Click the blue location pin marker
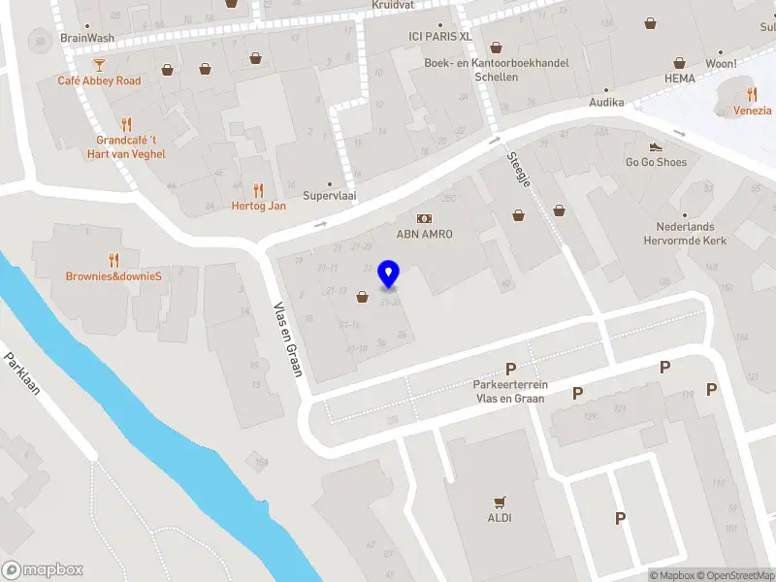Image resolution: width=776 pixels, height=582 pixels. pos(389,275)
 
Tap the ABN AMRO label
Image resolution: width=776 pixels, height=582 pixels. pos(425,234)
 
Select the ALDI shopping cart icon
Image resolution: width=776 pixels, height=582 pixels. pos(501,502)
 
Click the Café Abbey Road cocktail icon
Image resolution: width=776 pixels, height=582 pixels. pos(99,65)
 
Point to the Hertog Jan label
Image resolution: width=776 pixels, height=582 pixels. pos(258,206)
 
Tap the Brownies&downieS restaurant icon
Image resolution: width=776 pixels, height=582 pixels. pos(113,260)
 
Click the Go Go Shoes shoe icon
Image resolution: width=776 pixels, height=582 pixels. pos(656,146)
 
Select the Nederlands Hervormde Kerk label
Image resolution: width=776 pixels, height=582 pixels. pos(691,234)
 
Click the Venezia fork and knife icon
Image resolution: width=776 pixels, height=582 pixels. pos(753,94)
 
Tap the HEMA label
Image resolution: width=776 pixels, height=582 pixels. pos(680,78)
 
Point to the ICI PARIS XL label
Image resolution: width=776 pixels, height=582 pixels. pos(439,36)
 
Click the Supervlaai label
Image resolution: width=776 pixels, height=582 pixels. pos(329,195)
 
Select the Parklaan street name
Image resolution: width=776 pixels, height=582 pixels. pos(28,372)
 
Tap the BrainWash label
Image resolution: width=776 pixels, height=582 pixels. pos(87,38)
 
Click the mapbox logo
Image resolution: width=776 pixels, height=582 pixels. pos(43,570)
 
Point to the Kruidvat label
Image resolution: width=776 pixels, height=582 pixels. pos(394,5)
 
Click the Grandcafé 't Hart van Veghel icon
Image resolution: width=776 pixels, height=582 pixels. pos(126,124)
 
